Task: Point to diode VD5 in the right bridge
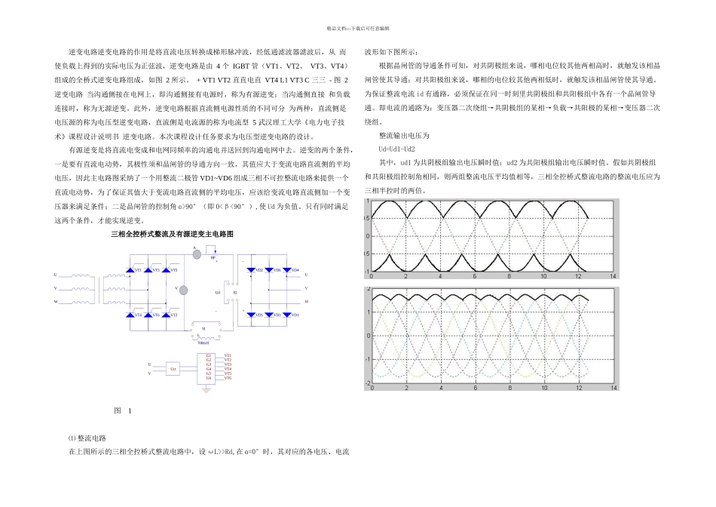(x=258, y=314)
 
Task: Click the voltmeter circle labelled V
(x=182, y=288)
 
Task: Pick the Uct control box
(x=173, y=368)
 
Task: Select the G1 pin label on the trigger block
(x=208, y=355)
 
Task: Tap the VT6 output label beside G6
(x=228, y=378)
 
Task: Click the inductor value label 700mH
(x=202, y=341)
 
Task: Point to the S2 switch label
(x=234, y=291)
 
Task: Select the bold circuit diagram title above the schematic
(x=173, y=235)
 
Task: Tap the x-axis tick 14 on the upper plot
(x=613, y=278)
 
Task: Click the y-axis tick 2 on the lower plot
(x=369, y=290)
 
